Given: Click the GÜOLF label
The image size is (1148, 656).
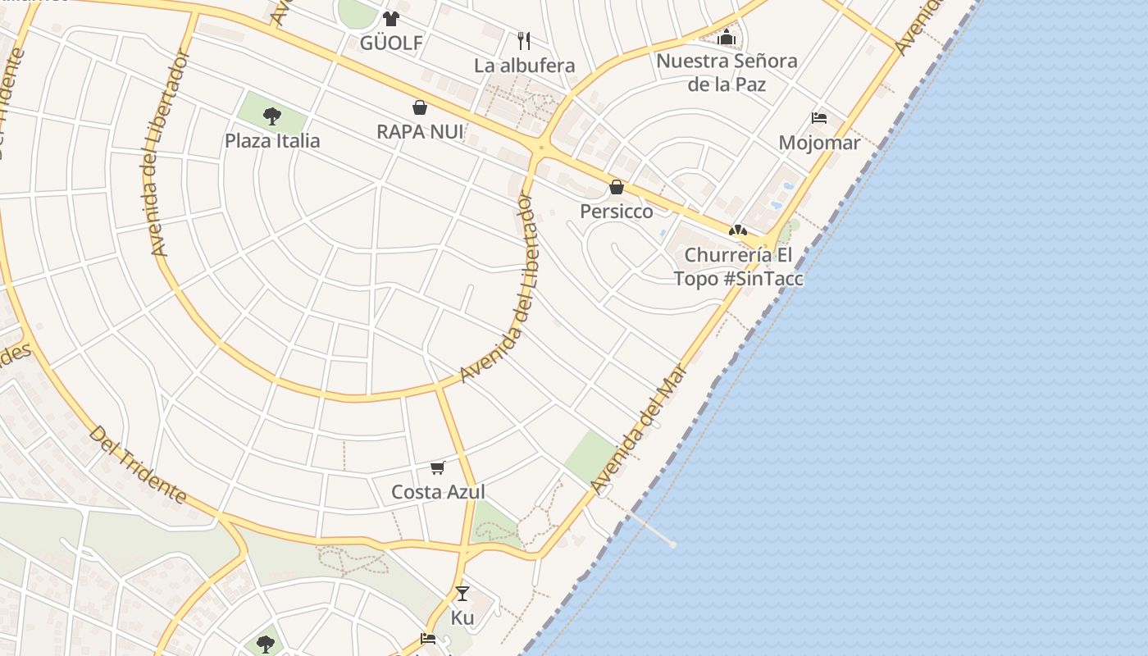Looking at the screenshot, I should tap(391, 43).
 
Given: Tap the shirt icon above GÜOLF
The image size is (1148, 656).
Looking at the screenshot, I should tap(390, 18).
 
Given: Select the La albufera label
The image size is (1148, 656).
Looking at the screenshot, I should tap(525, 66).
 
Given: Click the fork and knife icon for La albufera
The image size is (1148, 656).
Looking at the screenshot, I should tap(524, 39).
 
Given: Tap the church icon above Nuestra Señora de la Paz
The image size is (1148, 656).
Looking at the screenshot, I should tap(727, 37).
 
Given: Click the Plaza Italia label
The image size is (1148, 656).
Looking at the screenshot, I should tap(272, 140).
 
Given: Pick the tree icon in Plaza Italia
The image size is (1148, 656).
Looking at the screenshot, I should tap(272, 116).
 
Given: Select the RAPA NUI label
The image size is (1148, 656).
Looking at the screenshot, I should tap(420, 131).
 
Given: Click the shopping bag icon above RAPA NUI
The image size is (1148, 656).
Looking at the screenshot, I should tap(419, 107).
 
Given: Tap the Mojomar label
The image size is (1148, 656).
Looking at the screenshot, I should tap(819, 143).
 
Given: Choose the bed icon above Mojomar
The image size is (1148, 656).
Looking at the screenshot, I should tap(818, 118).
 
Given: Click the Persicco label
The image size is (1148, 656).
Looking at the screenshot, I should tap(617, 212).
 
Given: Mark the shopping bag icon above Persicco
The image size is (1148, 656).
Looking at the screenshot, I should tap(617, 187).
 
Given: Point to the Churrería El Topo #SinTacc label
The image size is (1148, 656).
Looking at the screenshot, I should tap(738, 266).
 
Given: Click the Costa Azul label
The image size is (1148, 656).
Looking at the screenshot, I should tap(438, 492).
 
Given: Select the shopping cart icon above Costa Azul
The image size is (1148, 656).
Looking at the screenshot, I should tap(438, 467).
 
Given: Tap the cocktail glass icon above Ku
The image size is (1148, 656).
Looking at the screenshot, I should tap(462, 593).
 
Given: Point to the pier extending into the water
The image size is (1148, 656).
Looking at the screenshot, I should tap(648, 528).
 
